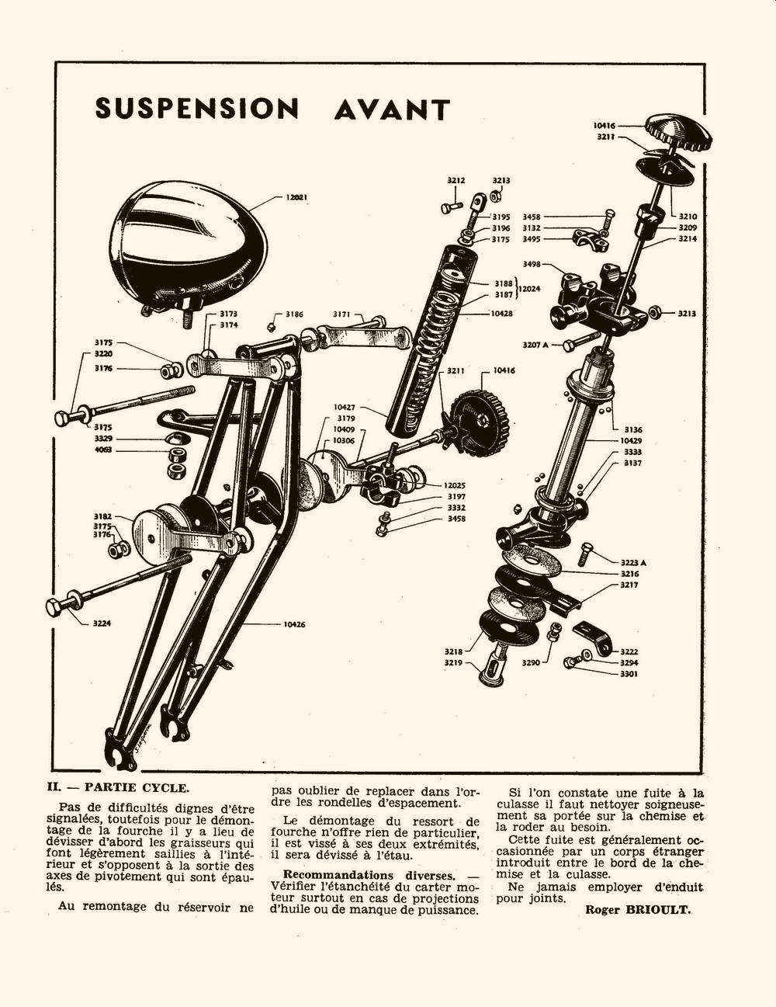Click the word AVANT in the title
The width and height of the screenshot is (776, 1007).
(392, 109)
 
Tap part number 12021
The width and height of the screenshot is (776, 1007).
(296, 197)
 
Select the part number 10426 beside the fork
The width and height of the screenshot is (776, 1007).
(294, 624)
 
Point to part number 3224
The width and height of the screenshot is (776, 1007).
(102, 623)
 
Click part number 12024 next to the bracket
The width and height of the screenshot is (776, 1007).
(529, 289)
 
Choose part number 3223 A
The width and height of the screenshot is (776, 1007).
(633, 563)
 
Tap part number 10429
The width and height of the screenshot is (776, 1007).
(631, 441)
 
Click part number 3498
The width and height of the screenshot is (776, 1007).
(532, 264)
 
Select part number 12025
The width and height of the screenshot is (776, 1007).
(454, 485)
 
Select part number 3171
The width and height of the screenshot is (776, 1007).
(341, 314)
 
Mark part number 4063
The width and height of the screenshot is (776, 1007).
(102, 450)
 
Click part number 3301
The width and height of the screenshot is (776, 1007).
(629, 674)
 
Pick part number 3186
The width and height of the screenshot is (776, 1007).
(294, 314)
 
